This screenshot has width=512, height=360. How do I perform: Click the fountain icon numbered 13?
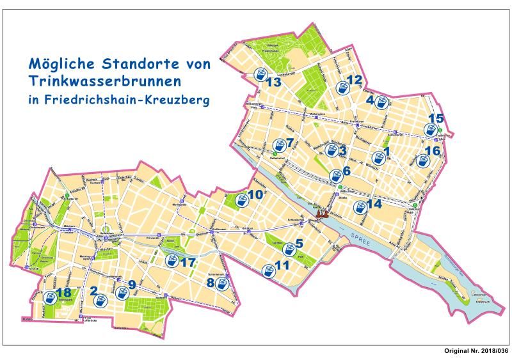(260, 75)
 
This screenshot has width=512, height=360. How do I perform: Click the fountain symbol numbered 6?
(335, 175)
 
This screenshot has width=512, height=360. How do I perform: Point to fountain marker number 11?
(268, 271)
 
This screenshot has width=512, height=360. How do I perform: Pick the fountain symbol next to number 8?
(221, 283)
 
